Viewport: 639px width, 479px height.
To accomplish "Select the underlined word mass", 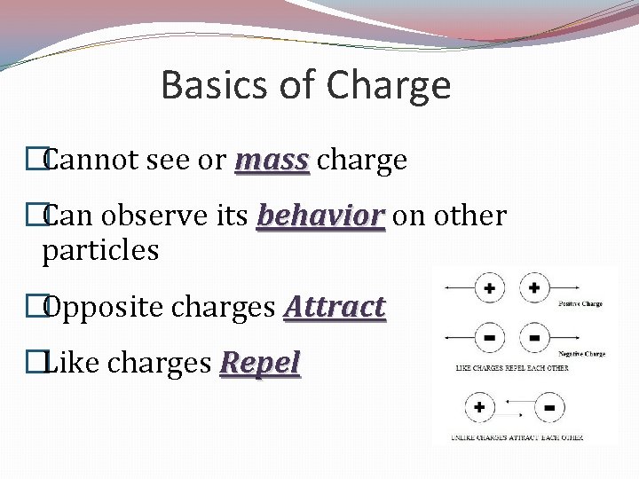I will pos(272,160).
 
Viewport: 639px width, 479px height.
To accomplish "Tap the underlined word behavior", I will pos(320,216).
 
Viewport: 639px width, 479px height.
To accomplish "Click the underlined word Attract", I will pos(334,307).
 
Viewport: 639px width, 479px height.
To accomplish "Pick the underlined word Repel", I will pos(261,363).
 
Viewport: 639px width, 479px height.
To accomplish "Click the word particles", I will pos(100,250).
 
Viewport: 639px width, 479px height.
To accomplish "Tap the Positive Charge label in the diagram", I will pos(580,304).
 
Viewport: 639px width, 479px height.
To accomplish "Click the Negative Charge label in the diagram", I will pos(580,354).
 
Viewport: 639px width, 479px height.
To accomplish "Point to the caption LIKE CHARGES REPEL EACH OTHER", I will pos(512,366).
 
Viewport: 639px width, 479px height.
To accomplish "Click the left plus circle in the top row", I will pos(490,289).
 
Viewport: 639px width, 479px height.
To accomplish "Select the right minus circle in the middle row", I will pos(534,339).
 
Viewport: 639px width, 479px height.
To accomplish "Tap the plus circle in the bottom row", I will pos(480,407).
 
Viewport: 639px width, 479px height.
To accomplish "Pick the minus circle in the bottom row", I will pos(549,407).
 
